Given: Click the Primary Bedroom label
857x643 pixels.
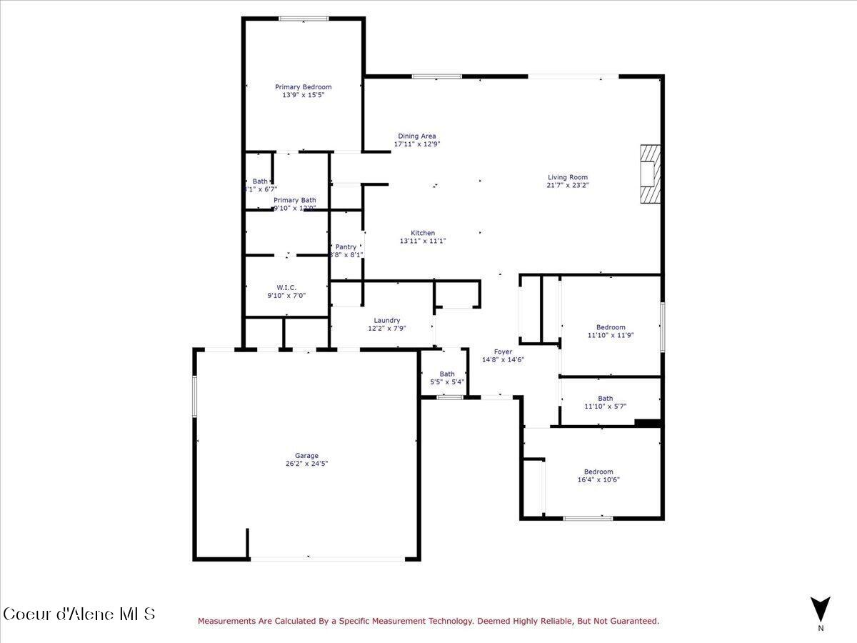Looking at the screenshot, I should pos(304,87).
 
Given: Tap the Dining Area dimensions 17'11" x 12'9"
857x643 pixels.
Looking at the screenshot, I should pos(417,144).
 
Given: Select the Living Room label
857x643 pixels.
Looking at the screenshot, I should pos(568,177).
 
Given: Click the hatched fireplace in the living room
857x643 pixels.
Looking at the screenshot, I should pos(649,175).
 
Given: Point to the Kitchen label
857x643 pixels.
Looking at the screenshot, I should pos(423,233).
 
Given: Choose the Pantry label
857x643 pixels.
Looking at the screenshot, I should pos(346,246).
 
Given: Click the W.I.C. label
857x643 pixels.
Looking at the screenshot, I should pos(286,287).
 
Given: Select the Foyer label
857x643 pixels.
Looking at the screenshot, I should pos(503,352).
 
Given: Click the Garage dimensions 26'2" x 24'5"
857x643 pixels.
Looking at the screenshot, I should pos(307,464).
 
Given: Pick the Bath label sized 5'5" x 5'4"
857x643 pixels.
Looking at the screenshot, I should pos(447,374).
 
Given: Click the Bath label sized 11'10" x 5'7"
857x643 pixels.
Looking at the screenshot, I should pos(606,399).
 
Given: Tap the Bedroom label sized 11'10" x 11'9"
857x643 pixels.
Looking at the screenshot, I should pos(611,327).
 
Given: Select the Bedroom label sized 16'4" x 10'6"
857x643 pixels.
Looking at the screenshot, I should pos(598,472).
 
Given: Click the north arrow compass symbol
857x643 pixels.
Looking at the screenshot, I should pos(821,609).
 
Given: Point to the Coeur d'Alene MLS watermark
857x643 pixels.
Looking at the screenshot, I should pos(79,614).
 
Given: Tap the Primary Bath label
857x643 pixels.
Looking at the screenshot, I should pos(295,200).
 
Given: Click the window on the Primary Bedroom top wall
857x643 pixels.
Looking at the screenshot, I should pos(304,19).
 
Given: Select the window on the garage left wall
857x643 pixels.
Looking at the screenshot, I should pos(194,397).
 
